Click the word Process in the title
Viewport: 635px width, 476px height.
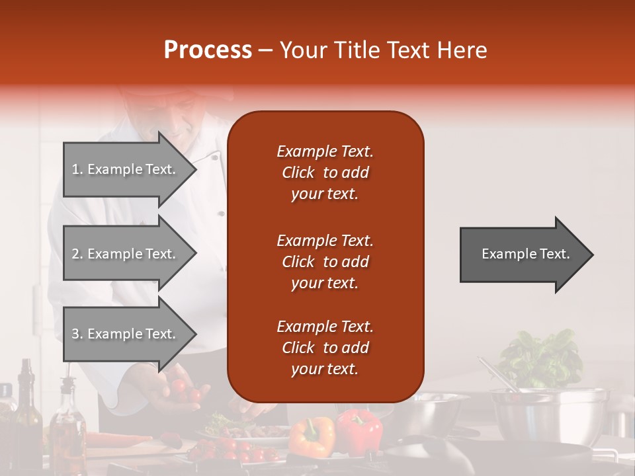pos(208,50)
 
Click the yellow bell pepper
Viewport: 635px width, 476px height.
pos(312,436)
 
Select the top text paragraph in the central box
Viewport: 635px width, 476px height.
pos(325,173)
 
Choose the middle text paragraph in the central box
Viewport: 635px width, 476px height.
pos(325,262)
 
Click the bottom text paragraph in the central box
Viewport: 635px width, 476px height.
pos(325,348)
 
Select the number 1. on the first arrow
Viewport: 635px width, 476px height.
pos(77,169)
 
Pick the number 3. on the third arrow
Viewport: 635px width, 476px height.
pos(77,334)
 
